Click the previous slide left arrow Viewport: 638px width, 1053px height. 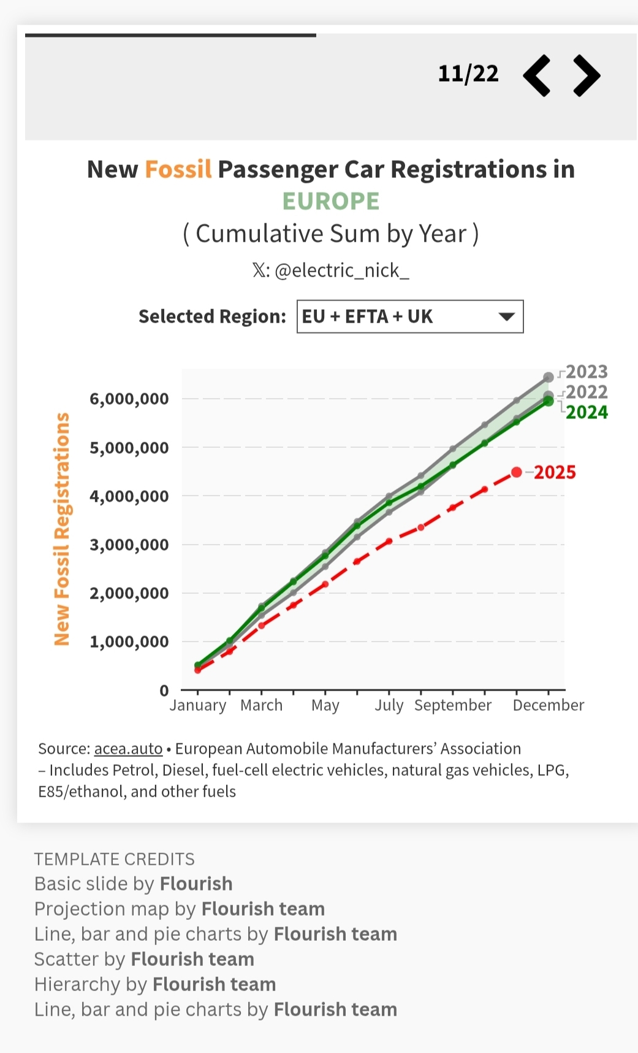[x=537, y=75]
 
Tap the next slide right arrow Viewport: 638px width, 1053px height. [x=587, y=75]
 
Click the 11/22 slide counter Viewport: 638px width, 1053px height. [x=468, y=74]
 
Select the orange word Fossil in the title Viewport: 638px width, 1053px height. [x=178, y=169]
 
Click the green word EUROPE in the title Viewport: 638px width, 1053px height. [x=331, y=201]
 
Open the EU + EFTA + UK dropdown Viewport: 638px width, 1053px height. [x=410, y=316]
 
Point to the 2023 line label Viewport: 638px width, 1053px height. [x=587, y=372]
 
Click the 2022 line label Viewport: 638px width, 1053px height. [x=587, y=392]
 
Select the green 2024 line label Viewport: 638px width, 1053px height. [x=587, y=412]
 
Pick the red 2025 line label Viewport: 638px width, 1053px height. [x=555, y=472]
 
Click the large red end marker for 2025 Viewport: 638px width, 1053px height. [x=517, y=472]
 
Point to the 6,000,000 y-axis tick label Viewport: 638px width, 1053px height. [x=129, y=399]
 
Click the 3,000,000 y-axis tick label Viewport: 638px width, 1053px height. [x=129, y=545]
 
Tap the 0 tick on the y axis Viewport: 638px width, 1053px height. [x=164, y=691]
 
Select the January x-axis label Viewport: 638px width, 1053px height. [x=197, y=705]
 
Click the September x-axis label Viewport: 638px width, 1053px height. [x=453, y=705]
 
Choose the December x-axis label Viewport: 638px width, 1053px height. [x=549, y=705]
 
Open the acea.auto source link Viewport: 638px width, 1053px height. [x=128, y=749]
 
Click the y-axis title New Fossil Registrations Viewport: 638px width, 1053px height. [x=62, y=529]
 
